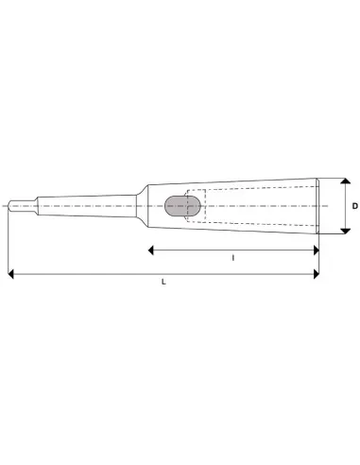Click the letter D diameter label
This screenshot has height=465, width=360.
(354, 205)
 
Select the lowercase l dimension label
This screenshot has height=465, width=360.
(232, 257)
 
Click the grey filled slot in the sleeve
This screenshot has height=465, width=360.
(177, 205)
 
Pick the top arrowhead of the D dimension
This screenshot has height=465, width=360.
(344, 181)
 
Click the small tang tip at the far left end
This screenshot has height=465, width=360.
(13, 205)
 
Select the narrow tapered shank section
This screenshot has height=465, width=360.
(85, 205)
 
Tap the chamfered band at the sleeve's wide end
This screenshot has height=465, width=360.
(317, 205)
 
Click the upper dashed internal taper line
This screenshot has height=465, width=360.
(255, 189)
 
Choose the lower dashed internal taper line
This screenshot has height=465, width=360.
(255, 220)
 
